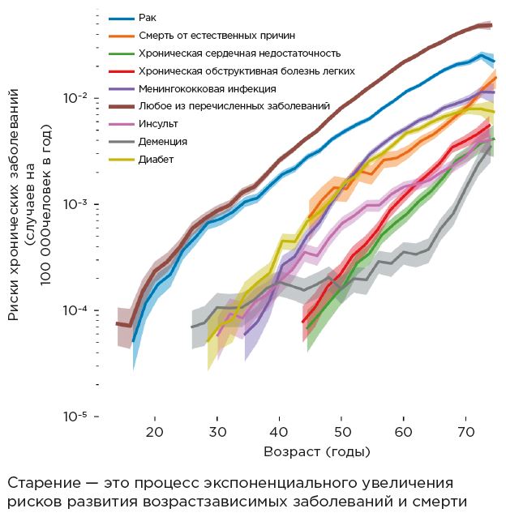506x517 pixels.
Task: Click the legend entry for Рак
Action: point(147,18)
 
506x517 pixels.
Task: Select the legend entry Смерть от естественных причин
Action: point(217,36)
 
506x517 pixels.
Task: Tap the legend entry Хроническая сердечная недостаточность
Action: point(238,53)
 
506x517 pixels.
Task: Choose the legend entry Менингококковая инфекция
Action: point(207,88)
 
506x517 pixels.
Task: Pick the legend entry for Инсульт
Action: point(158,124)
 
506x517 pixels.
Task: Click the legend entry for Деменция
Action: point(162,142)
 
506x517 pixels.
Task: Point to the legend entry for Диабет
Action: point(156,160)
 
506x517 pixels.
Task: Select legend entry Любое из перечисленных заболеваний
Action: point(234,106)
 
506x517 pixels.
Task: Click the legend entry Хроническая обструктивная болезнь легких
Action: point(247,70)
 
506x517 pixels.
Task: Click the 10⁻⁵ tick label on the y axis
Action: point(77,417)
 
